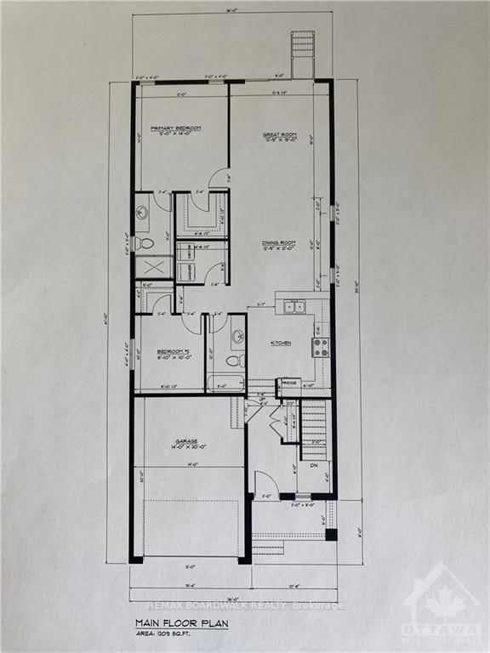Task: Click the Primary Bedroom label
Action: point(176,130)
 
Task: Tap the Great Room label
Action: point(277,136)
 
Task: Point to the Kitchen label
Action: point(281,343)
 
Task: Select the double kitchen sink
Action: point(294,307)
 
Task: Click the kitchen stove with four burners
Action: point(321,347)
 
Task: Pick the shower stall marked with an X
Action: point(153,267)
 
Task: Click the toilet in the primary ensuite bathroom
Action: point(145,244)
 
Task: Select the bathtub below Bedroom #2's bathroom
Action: point(225,382)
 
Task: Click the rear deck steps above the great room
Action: point(302,53)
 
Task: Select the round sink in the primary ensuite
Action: point(142,213)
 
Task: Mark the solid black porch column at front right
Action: point(330,535)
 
